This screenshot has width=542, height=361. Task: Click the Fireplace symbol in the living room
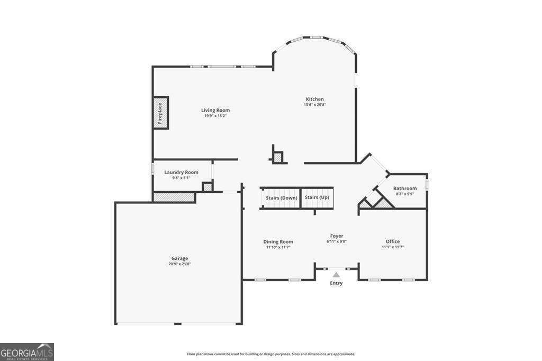[x=160, y=112]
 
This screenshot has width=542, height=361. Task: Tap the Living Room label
[x=215, y=110]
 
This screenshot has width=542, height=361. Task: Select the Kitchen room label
[x=315, y=99]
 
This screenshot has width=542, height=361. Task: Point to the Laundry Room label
[x=181, y=172]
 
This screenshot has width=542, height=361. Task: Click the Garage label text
[x=179, y=258]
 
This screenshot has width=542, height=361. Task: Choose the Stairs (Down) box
[x=281, y=198]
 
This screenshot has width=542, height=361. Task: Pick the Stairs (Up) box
[x=317, y=198]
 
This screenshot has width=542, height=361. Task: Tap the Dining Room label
[x=278, y=241]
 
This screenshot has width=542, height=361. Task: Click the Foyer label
[x=336, y=236]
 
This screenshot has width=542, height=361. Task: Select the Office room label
[x=393, y=241]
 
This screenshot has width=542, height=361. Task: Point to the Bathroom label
[x=405, y=188]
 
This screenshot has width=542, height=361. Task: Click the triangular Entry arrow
[x=336, y=275]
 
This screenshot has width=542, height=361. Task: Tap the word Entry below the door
[x=336, y=283]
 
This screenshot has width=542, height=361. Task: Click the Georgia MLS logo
[x=27, y=352]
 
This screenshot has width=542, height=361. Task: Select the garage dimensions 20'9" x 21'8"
[x=179, y=264]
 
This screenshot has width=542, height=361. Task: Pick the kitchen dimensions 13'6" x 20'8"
[x=315, y=105]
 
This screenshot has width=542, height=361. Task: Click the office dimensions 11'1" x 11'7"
[x=393, y=247]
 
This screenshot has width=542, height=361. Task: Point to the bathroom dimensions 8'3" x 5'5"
[x=405, y=194]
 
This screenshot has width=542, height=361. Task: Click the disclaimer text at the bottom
[x=271, y=354]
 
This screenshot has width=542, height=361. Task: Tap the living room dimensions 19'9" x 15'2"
[x=215, y=116]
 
